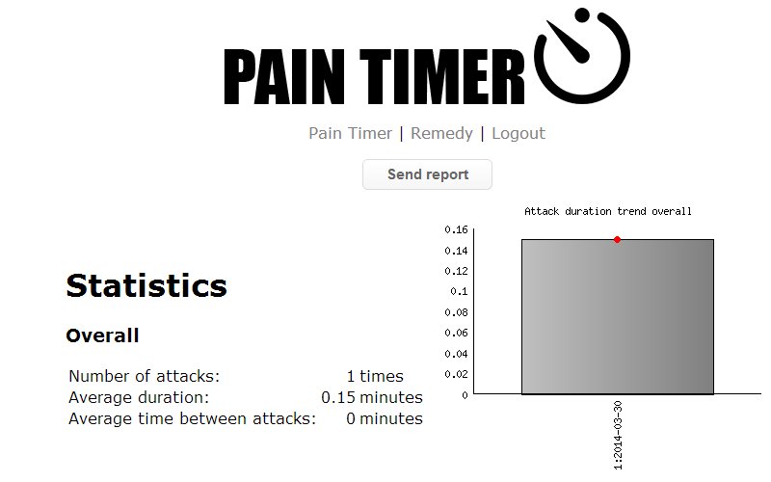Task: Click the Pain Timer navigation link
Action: [350, 134]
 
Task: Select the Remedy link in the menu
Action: [441, 134]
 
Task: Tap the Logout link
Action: [518, 134]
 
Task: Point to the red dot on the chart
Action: [617, 239]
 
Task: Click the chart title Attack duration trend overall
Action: [607, 211]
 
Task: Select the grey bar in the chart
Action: [617, 318]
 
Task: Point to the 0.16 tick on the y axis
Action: [456, 229]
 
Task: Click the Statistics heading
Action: [146, 285]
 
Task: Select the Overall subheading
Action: [102, 336]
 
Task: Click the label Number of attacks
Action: [145, 377]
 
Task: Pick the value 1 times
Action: [375, 377]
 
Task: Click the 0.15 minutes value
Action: [372, 397]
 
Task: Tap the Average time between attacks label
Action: [193, 418]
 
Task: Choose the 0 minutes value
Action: [384, 418]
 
